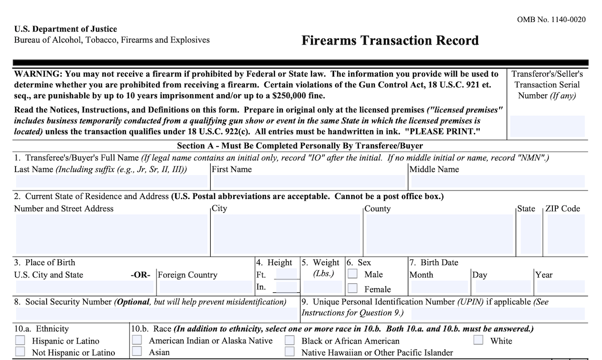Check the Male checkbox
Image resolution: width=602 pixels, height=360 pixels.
pos(353,274)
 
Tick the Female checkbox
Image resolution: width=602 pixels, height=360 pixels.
pos(353,288)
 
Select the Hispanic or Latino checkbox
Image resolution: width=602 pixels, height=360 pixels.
pos(20,340)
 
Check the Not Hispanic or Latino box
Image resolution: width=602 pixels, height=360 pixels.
pos(20,352)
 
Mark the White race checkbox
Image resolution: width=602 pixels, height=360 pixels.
pos(479,340)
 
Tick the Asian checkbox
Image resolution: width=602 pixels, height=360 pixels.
pos(136,351)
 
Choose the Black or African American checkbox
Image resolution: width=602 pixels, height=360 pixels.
pos(289,340)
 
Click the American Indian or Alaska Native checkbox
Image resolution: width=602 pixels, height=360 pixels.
pos(136,340)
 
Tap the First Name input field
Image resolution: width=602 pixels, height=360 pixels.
pos(309,181)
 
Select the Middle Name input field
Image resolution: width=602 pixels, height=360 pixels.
pos(497,181)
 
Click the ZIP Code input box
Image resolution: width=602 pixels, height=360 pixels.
pos(566,235)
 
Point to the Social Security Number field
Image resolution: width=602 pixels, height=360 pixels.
pos(157,314)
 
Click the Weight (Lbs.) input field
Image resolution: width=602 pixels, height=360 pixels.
pos(323,287)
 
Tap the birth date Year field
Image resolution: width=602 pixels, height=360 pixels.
pos(560,287)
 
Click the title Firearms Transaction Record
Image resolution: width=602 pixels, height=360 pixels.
pos(390,40)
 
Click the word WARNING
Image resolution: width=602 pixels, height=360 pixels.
pos(38,74)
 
